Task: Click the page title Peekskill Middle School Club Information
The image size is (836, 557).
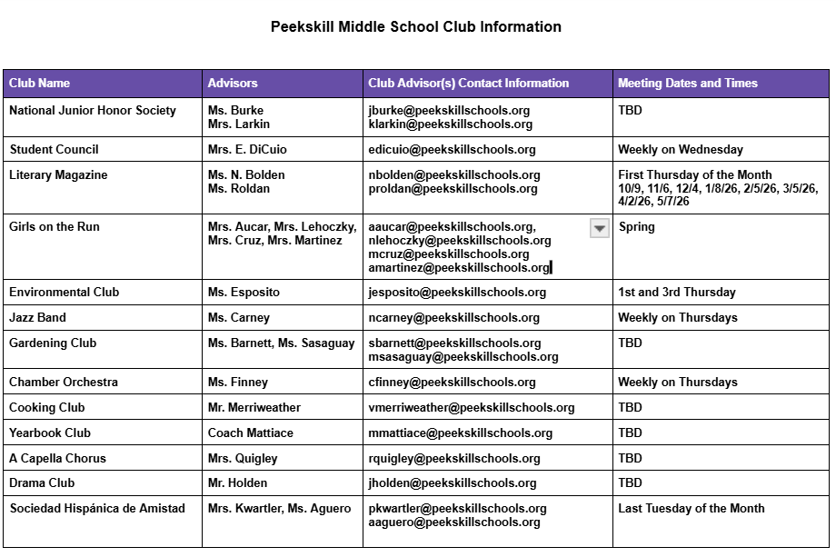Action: click(x=416, y=27)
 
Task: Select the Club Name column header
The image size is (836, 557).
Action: click(x=40, y=84)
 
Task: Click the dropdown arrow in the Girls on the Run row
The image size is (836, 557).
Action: click(x=600, y=228)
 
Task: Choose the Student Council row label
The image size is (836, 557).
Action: click(x=55, y=150)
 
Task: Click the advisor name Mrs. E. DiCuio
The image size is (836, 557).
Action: click(x=247, y=150)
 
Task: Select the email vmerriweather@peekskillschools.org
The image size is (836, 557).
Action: click(x=472, y=408)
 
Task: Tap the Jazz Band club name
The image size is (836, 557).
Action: click(x=38, y=318)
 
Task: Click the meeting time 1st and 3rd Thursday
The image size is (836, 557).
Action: click(x=677, y=293)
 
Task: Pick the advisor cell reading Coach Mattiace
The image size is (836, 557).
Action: click(x=251, y=433)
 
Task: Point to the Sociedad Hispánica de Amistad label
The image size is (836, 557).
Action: click(x=97, y=509)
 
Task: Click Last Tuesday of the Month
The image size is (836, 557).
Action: click(x=692, y=509)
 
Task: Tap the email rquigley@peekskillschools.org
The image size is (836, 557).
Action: click(x=454, y=459)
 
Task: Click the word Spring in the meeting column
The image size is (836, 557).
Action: click(x=637, y=227)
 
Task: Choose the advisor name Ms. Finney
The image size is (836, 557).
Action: click(x=238, y=383)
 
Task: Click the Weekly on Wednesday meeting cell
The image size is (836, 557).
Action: click(x=681, y=150)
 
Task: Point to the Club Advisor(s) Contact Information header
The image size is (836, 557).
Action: click(x=469, y=84)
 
